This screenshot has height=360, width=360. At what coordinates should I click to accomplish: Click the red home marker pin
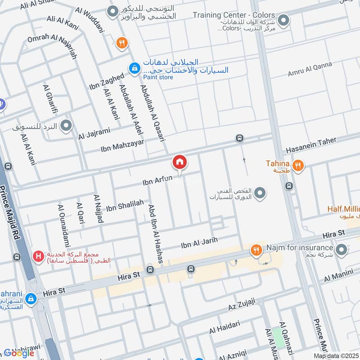[x=180, y=162]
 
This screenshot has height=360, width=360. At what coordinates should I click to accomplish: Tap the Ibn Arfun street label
[x=157, y=180]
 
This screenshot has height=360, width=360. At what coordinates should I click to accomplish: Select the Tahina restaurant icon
[x=297, y=166]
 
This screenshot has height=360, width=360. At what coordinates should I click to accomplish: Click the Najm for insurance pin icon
[x=342, y=249]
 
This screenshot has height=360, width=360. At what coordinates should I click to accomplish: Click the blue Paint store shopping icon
[x=134, y=68]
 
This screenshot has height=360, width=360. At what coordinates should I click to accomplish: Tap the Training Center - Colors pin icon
[x=283, y=20]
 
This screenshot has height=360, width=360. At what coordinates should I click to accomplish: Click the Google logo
[x=19, y=353]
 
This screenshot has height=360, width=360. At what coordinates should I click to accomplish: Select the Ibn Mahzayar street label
[x=122, y=144]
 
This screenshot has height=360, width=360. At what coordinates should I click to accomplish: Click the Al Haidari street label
[x=225, y=327]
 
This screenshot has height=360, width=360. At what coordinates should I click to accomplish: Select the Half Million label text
[x=344, y=210]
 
